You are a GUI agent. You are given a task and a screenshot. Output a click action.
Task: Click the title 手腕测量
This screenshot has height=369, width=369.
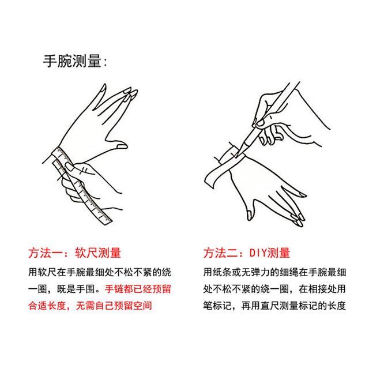click(72, 61)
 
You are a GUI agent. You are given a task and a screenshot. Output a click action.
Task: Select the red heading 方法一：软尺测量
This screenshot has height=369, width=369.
click(74, 253)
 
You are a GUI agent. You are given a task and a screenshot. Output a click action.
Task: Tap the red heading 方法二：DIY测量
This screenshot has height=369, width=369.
click(247, 253)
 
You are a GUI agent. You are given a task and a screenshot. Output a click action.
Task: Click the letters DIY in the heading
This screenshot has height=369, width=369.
click(258, 253)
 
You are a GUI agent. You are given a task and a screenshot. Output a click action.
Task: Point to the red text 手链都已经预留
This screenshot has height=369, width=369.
click(138, 289)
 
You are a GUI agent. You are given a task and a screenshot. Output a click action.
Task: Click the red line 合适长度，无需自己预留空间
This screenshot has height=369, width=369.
click(90, 306)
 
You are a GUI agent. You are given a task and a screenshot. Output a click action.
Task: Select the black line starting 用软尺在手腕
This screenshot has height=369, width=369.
click(100, 272)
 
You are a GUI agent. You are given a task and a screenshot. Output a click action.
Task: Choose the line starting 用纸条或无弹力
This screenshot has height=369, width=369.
click(274, 272)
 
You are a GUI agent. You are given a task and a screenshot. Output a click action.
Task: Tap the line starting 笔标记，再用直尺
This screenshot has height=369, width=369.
click(274, 306)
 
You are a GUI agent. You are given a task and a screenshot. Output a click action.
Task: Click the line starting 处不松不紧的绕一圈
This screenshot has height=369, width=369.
click(274, 289)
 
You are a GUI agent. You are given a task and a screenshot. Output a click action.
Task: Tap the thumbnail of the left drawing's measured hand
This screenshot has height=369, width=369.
click(122, 146)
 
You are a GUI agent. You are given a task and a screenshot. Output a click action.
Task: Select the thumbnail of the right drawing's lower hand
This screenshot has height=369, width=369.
click(249, 215)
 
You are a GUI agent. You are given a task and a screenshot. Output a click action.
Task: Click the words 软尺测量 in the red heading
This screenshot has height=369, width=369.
click(98, 253)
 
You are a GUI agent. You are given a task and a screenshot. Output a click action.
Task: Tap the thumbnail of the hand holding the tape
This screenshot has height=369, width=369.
click(70, 167)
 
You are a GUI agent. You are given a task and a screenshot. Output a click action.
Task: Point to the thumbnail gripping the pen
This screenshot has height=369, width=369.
click(260, 123)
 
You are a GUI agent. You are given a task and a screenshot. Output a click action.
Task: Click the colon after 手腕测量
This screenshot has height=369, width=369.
click(105, 62)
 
